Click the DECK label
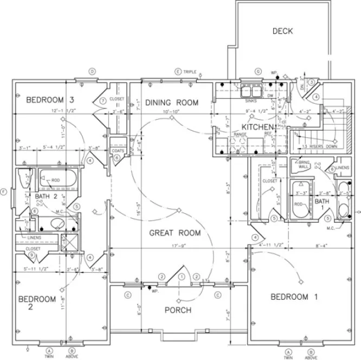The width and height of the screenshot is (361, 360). pos(282,31)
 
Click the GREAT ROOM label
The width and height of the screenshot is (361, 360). pos(175,233)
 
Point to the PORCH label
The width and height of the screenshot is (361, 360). pos(178,310)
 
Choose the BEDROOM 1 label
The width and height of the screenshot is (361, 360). pos(294,297)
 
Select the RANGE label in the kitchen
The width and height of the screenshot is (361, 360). pos(240,133)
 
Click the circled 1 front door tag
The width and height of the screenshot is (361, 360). pos(181,277)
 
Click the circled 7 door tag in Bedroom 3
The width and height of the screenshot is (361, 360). pos(102,101)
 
